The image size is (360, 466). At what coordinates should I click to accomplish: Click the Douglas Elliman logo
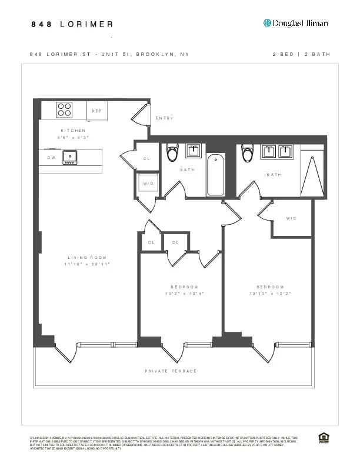click(295, 23)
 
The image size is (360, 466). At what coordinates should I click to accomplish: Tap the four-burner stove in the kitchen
click(64, 110)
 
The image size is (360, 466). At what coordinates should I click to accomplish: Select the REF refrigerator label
click(96, 111)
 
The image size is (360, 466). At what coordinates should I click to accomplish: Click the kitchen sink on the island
click(71, 157)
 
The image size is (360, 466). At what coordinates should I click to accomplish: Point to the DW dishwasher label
click(51, 158)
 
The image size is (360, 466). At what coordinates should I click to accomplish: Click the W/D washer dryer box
click(148, 183)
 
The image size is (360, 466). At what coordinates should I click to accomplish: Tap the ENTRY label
click(164, 118)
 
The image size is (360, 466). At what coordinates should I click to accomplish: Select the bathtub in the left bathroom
click(215, 174)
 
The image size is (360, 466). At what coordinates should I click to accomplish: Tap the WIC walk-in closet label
click(291, 218)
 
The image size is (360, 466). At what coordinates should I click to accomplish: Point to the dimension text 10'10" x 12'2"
click(271, 293)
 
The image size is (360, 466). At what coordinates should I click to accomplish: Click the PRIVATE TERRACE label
click(171, 371)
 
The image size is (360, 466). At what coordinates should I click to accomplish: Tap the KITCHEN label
click(73, 130)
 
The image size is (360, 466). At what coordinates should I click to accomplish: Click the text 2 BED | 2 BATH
click(301, 54)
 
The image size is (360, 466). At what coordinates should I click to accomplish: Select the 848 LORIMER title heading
click(72, 24)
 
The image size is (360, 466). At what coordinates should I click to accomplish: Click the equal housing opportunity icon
click(322, 437)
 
